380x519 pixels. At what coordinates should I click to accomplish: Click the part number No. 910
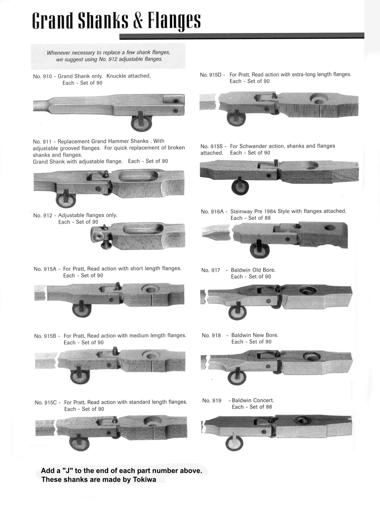[42, 76]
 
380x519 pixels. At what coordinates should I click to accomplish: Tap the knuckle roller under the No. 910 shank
[138, 124]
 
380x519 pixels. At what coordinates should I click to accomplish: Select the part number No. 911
[42, 141]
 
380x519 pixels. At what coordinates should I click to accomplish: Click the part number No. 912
[43, 216]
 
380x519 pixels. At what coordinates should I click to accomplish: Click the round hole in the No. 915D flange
[320, 100]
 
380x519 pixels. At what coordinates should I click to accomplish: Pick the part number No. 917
[211, 270]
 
